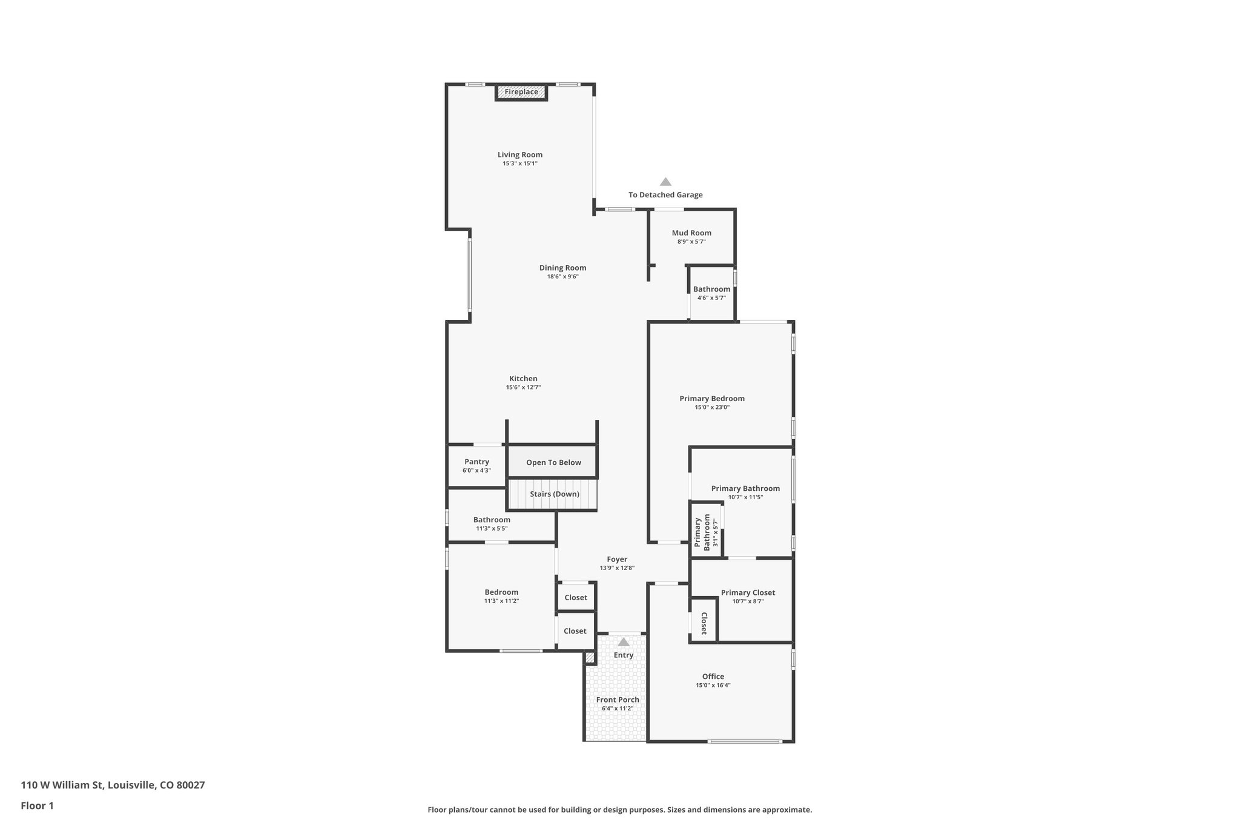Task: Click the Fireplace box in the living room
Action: coord(521,93)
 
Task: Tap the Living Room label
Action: coord(520,155)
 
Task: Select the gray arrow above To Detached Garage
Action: coord(665,182)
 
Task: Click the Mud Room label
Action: coord(691,233)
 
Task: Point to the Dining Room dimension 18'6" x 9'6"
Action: coord(562,277)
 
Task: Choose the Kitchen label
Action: coord(523,379)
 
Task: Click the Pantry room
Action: coord(477,465)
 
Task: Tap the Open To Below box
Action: coord(553,462)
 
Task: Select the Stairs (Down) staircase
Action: coord(553,494)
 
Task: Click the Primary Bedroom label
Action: coord(712,399)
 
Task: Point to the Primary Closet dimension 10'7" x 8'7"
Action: coord(748,601)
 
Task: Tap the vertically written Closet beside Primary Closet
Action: coord(704,623)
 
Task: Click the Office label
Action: coord(713,677)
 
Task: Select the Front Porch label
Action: coord(618,700)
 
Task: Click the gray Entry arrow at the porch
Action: coord(623,642)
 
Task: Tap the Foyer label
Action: coord(617,560)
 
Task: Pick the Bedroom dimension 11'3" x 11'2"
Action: coord(501,601)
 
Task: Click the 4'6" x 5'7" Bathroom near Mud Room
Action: coord(711,293)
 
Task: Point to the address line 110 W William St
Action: coord(113,785)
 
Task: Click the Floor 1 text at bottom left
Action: coord(38,806)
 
